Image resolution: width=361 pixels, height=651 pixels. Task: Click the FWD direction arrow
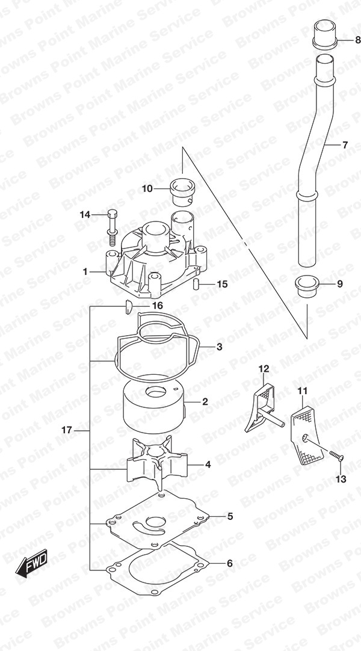[x=32, y=563]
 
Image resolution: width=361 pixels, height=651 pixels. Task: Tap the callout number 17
[x=67, y=430]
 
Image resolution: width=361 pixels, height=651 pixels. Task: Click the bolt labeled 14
[x=112, y=227]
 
